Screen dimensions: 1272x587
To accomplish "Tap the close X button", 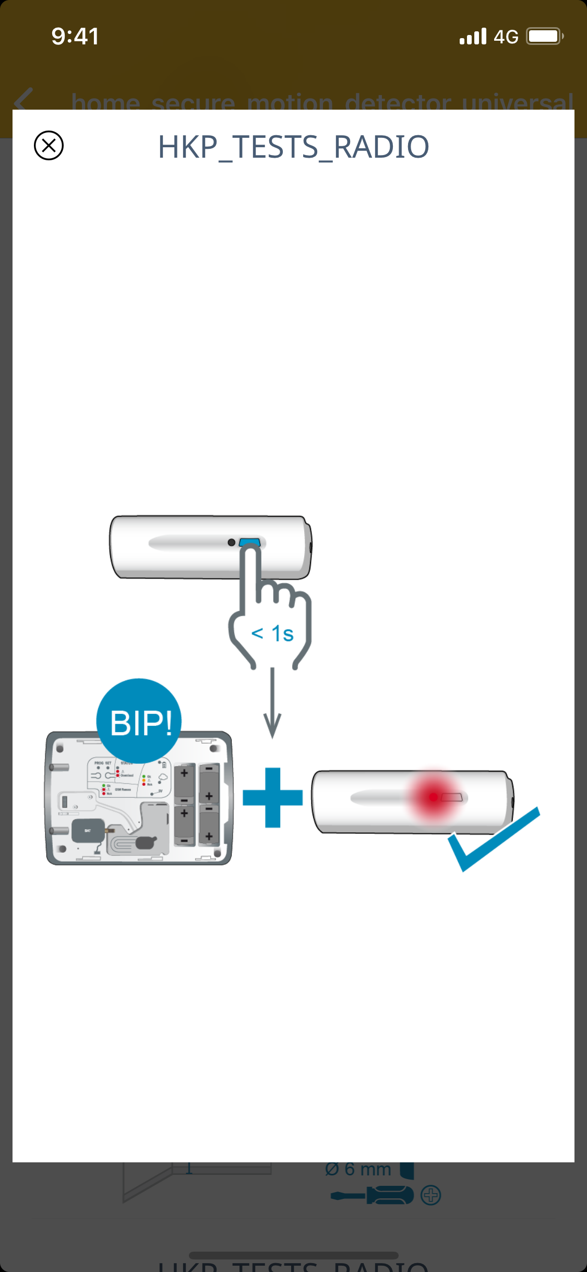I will (x=49, y=145).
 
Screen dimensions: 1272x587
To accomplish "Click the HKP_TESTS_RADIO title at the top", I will (x=293, y=147).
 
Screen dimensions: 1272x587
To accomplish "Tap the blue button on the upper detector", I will (x=250, y=542).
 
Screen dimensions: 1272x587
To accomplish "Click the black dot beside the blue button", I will (x=231, y=543).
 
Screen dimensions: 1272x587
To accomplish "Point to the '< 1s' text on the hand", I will (x=272, y=634).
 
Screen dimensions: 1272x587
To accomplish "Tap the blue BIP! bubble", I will (x=139, y=722).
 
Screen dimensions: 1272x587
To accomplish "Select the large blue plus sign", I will (x=272, y=797).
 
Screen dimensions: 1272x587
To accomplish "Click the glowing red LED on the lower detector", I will (x=433, y=797).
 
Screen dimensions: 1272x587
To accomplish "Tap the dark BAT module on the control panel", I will (x=88, y=830).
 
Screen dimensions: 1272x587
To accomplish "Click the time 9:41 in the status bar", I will (x=75, y=37).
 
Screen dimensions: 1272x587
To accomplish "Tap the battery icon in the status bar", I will (x=544, y=37).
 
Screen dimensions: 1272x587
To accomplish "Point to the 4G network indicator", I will (x=506, y=37).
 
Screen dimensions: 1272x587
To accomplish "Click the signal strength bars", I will (x=473, y=37).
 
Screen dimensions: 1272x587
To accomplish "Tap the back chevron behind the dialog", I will (x=23, y=99).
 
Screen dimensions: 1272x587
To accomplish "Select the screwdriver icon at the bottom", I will (x=372, y=1195).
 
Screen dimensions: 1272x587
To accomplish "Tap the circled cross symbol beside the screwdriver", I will (x=431, y=1195).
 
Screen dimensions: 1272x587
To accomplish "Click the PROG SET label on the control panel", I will (x=103, y=763).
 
